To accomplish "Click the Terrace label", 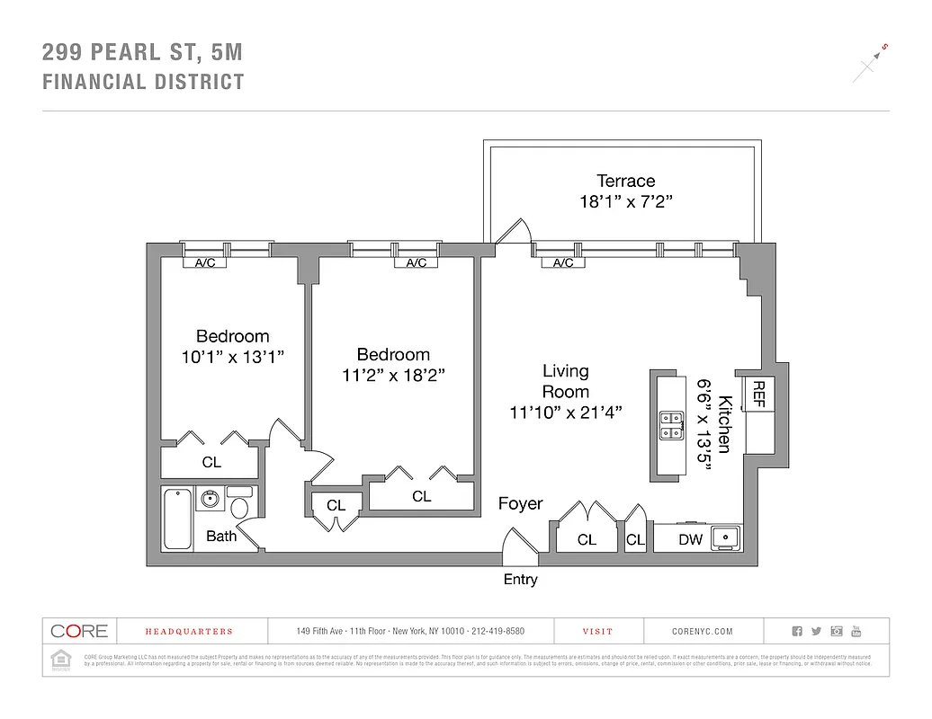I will pos(626,181).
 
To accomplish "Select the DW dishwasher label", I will pos(690,539).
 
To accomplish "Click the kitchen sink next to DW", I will pos(724,538).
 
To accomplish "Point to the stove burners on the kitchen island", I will pos(669,424).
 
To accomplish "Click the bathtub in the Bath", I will pos(178,519).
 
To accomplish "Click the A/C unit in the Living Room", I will pos(563,263).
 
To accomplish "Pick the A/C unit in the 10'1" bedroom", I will pos(205,263).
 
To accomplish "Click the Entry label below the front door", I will pos(520,580).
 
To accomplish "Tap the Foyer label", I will pos(520,503).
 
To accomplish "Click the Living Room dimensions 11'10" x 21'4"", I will pos(565,413).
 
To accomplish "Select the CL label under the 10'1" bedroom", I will pos(211,462).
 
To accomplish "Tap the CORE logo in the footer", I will pos(79,631).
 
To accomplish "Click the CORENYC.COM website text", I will pos(703,632).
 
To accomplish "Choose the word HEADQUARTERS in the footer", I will pos(189,632).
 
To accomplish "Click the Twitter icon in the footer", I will pos(817,632).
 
